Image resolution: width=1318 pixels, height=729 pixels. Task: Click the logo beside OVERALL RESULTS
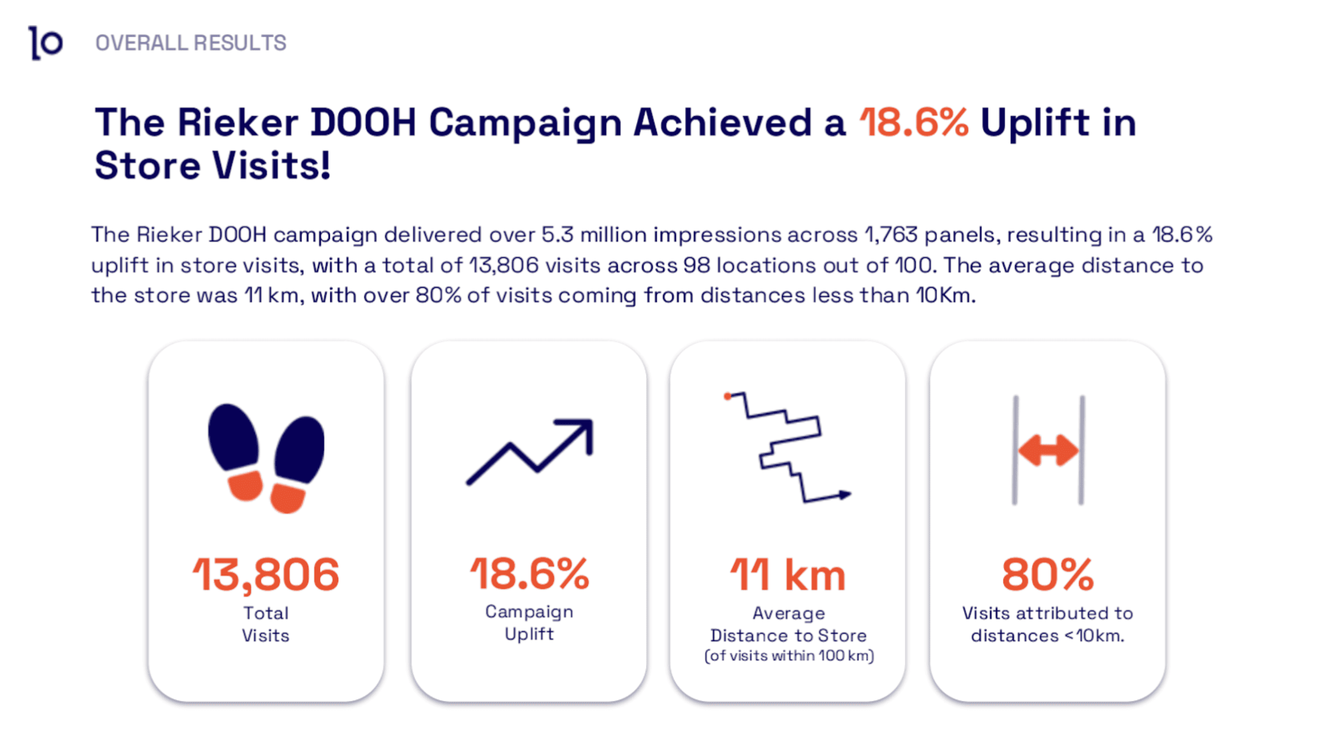coord(46,43)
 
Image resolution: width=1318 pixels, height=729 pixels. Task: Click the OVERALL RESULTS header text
coord(190,43)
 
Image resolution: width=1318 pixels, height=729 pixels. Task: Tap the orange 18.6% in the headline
coord(913,122)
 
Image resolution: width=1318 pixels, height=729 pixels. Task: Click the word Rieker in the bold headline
coord(237,122)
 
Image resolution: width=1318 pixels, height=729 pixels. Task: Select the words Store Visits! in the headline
coord(212,166)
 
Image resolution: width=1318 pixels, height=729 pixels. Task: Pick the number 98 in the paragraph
coord(696,265)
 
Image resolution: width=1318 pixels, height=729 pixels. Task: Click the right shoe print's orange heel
coord(288,498)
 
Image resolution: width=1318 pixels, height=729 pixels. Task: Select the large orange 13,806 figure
coord(266,575)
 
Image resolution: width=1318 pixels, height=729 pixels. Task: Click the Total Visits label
coord(266,624)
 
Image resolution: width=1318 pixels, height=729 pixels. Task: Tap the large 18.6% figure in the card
coord(529,574)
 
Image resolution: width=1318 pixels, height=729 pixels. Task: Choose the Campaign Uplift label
coord(529,622)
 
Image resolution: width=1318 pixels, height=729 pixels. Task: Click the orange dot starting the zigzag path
coord(727,396)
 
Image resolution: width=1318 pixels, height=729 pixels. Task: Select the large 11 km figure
coord(788,575)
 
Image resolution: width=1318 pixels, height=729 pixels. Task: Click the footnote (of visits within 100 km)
coord(789,656)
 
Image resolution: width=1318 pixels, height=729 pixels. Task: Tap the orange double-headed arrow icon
coord(1048,450)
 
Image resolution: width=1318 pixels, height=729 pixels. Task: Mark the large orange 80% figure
coord(1048,575)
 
